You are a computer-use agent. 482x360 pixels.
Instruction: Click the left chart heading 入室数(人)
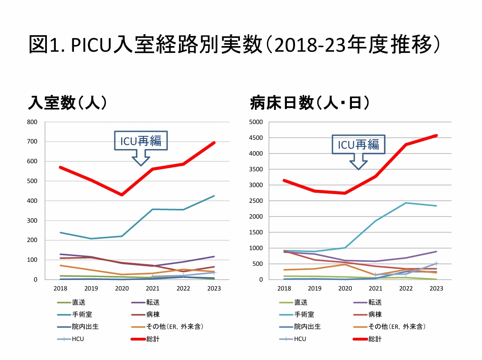pyautogui.click(x=67, y=103)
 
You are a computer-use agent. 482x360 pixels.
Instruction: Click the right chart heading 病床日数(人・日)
pyautogui.click(x=310, y=103)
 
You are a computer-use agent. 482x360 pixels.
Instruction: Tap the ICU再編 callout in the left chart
pyautogui.click(x=141, y=141)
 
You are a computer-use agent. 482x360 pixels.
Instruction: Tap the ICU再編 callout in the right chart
pyautogui.click(x=358, y=145)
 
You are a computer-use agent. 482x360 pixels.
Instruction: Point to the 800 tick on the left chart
pyautogui.click(x=32, y=122)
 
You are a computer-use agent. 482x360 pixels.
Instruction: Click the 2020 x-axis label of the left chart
pyautogui.click(x=122, y=288)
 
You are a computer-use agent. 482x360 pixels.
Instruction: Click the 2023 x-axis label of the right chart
pyautogui.click(x=436, y=288)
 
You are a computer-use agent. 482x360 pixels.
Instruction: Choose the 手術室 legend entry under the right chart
pyautogui.click(x=304, y=314)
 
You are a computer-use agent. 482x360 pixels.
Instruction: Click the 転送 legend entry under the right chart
pyautogui.click(x=375, y=302)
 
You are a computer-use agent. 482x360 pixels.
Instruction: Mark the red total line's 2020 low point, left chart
pyautogui.click(x=122, y=195)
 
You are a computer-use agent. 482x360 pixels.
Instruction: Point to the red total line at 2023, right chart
pyautogui.click(x=436, y=135)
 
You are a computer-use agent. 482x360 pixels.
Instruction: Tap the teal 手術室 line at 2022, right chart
pyautogui.click(x=406, y=203)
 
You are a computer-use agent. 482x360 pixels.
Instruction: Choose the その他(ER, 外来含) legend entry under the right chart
pyautogui.click(x=398, y=326)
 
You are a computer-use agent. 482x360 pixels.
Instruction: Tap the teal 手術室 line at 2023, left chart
pyautogui.click(x=214, y=196)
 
